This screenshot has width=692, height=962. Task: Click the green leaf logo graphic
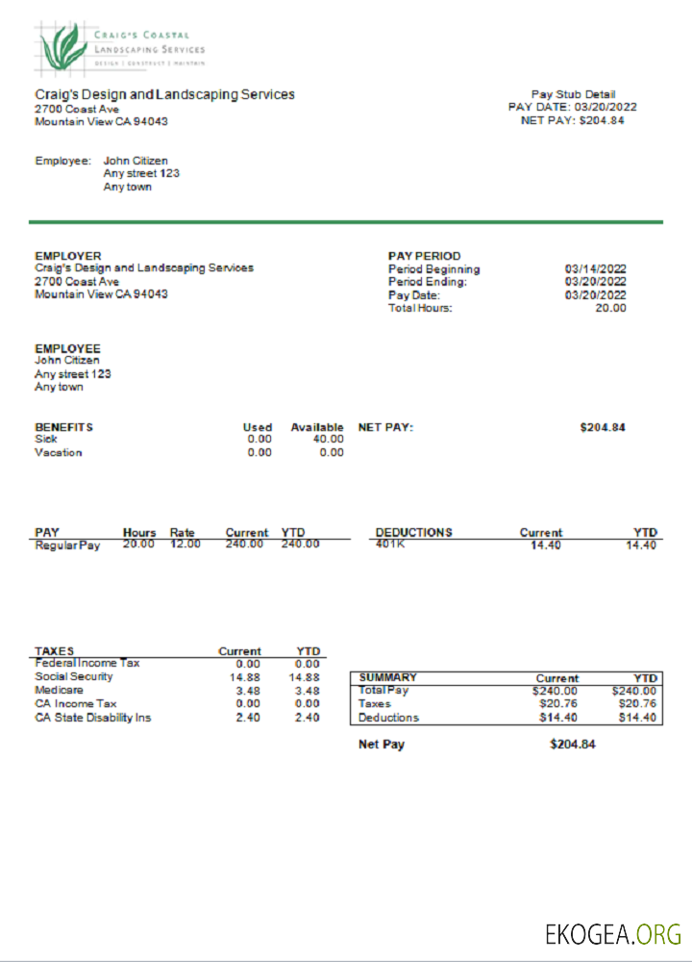tap(64, 45)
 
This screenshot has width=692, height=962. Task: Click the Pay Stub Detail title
tap(573, 94)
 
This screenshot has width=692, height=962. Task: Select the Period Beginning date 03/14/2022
tap(595, 269)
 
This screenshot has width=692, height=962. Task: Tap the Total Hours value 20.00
tap(610, 308)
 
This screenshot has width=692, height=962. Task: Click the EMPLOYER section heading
tap(67, 256)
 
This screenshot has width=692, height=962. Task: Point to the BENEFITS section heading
tap(63, 427)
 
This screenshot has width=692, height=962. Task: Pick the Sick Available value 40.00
tap(328, 439)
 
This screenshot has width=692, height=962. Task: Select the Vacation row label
tap(59, 452)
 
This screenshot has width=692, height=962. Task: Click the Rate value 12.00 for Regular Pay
tap(185, 544)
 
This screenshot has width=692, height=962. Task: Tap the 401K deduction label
tap(391, 544)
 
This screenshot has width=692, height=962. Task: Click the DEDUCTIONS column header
tap(413, 532)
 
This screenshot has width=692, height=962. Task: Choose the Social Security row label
tap(73, 676)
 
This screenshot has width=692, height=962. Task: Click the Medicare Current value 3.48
tap(248, 691)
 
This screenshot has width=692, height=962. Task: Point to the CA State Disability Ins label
tap(92, 718)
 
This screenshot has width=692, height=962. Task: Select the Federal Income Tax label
tap(87, 663)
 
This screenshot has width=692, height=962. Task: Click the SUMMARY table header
tap(387, 677)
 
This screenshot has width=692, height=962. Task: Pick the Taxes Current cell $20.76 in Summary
tap(557, 704)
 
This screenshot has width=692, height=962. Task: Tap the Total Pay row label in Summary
tap(383, 691)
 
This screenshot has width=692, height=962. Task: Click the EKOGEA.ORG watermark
tap(612, 933)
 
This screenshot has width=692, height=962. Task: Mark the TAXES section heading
tap(54, 651)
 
